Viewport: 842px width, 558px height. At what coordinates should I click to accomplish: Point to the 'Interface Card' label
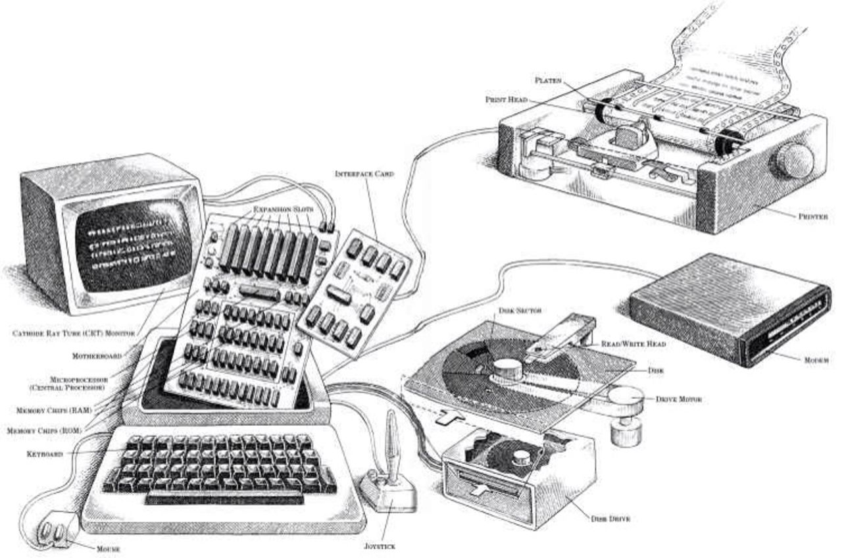pos(364,174)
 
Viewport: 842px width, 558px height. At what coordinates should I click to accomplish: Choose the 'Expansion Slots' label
pos(284,209)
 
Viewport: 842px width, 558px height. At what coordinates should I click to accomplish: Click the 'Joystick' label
pos(380,546)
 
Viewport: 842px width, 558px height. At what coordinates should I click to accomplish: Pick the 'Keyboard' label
pos(45,454)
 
